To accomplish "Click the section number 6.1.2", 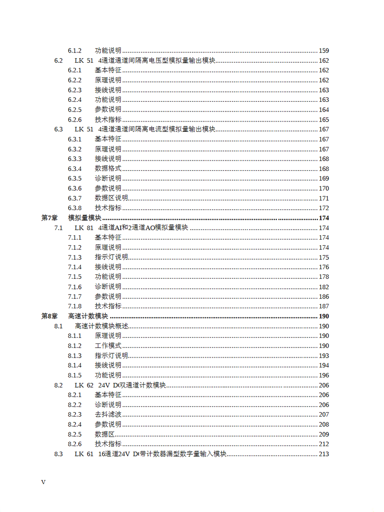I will (x=75, y=51).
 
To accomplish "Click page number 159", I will (x=324, y=51).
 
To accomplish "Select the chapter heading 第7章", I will (x=50, y=218).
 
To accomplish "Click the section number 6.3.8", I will (x=75, y=208).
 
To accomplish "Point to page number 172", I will (x=324, y=208).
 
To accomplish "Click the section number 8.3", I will (x=59, y=454).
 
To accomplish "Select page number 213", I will (x=324, y=454).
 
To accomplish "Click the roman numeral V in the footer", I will (x=44, y=482).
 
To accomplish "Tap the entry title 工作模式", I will (x=108, y=346).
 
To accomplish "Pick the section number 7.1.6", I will (x=75, y=287).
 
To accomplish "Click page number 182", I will (x=324, y=287).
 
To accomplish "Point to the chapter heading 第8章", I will (x=50, y=316).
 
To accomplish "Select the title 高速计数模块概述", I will (x=101, y=326).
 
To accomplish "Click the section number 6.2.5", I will (x=75, y=110).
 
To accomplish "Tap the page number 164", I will (x=324, y=110).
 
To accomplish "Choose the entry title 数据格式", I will (x=108, y=169).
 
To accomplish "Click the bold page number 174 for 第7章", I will (x=324, y=218).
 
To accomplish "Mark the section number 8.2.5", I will (x=75, y=434).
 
